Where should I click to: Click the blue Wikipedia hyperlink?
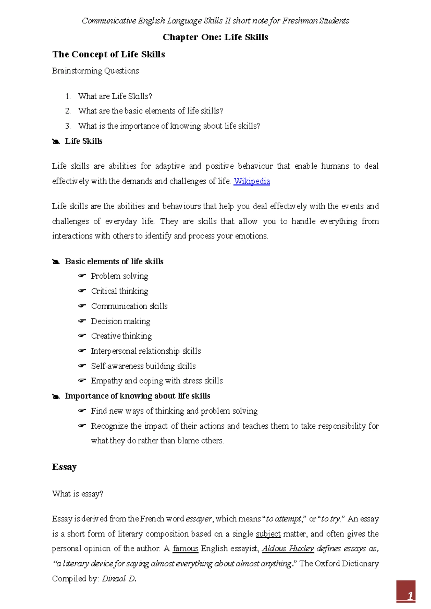click(251, 181)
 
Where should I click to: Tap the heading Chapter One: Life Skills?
click(215, 37)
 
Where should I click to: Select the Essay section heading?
click(64, 467)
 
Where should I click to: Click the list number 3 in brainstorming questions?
click(68, 126)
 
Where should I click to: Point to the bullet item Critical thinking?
click(119, 291)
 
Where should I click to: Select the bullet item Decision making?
click(120, 321)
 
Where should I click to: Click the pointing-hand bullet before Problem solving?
click(82, 276)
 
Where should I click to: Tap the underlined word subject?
click(268, 534)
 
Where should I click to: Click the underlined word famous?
click(185, 549)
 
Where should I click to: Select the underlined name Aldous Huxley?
click(288, 549)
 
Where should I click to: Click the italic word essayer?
click(199, 519)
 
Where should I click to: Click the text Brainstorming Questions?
click(95, 71)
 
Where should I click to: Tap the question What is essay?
click(77, 494)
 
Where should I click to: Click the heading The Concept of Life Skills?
click(108, 54)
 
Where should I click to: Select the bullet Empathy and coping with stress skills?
click(157, 381)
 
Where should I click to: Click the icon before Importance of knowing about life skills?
click(56, 396)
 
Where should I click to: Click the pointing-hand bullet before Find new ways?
click(82, 410)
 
